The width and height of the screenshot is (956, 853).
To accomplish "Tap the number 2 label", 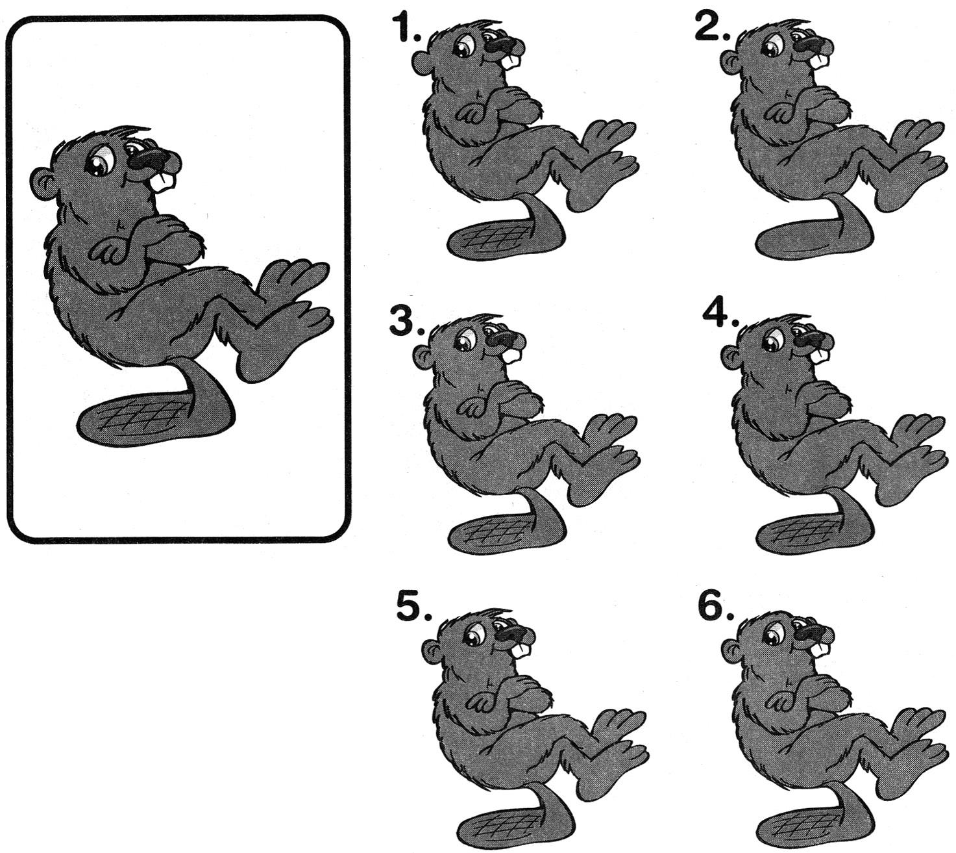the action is pos(711,29).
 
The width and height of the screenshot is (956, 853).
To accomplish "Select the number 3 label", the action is pos(407,322).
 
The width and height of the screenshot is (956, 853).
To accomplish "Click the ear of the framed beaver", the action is pos(42,183).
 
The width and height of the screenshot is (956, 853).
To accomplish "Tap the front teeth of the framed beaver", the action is pos(164,181).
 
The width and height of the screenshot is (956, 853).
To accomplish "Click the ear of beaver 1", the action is pos(421,62).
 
